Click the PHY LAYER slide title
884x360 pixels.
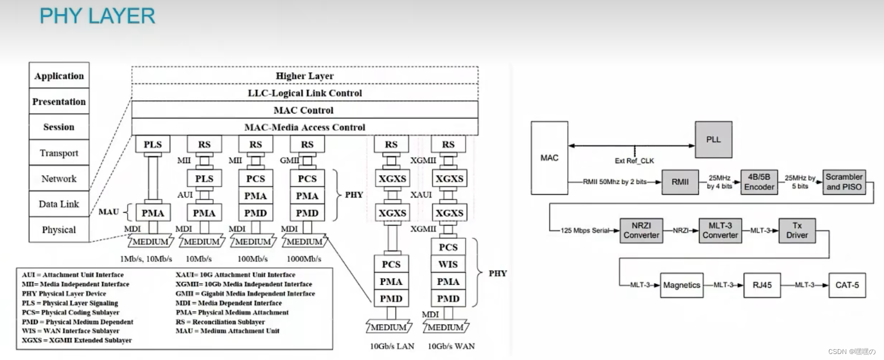(97, 16)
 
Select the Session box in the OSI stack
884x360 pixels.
(59, 127)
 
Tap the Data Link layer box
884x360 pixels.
(59, 204)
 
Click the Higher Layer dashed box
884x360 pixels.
(304, 76)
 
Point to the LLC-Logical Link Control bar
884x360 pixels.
(304, 93)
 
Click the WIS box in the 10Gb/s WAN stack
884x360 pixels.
(448, 264)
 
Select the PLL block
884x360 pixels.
(713, 140)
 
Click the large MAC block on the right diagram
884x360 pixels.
(549, 158)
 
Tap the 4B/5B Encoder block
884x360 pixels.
(759, 182)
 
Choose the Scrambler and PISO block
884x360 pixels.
(844, 182)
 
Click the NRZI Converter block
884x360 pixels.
(641, 230)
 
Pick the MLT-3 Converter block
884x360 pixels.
(720, 230)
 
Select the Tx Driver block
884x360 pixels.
(797, 230)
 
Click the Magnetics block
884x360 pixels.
(682, 285)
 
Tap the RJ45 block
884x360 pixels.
(762, 285)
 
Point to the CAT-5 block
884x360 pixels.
(847, 285)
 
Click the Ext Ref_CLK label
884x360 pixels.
(634, 161)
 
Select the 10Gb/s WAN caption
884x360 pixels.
(451, 346)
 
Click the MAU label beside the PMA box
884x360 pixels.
(109, 212)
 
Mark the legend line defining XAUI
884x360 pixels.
(235, 275)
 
